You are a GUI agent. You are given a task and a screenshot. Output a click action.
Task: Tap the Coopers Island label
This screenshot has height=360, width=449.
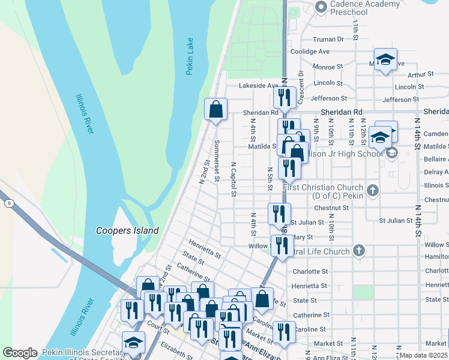click(x=128, y=230)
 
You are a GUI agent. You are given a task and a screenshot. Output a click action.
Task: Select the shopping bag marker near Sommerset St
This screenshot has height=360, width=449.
click(x=216, y=109)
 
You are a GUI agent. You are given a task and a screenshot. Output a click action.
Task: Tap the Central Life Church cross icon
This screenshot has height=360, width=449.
click(x=359, y=251)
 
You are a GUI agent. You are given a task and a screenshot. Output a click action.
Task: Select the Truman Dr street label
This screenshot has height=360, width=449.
click(x=328, y=40)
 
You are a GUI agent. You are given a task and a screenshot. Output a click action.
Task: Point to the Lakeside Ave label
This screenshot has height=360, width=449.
click(x=259, y=86)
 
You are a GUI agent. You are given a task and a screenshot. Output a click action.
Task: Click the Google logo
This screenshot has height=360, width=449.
click(x=20, y=353)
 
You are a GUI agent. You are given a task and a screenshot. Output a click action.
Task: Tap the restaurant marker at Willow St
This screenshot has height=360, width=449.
click(x=282, y=245)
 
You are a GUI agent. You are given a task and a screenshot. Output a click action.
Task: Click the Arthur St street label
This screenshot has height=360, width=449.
click(x=420, y=74)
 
